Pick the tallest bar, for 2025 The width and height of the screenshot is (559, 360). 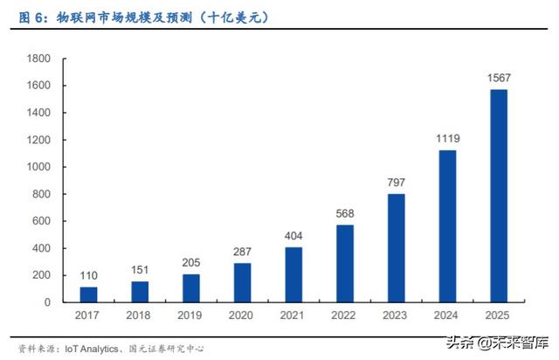tap(499, 196)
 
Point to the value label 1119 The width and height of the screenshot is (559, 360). tap(448, 138)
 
